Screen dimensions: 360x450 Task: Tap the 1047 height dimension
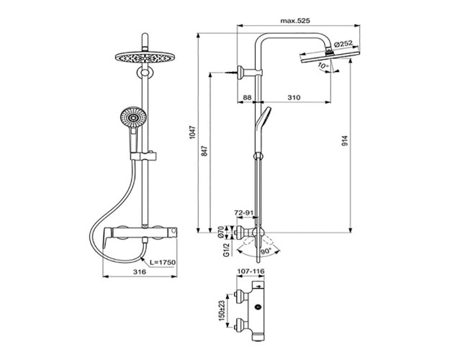pyautogui.click(x=192, y=131)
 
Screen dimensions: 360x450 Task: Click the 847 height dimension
pyautogui.click(x=203, y=151)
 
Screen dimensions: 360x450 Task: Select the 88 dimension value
pyautogui.click(x=247, y=96)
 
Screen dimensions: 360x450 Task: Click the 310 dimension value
pyautogui.click(x=293, y=96)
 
